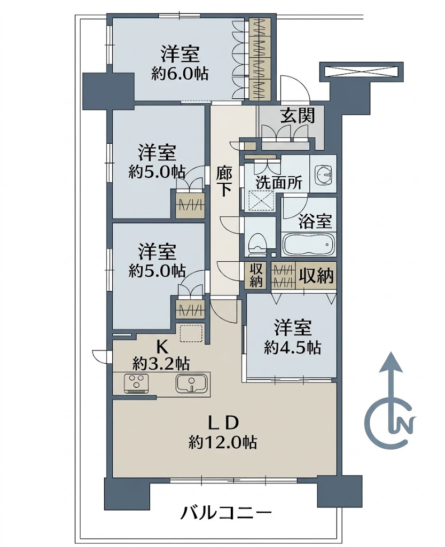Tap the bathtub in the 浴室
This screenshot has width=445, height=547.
pos(308,244)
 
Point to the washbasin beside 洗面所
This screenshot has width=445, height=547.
pos(323,174)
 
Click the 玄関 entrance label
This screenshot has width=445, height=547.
pos(298,116)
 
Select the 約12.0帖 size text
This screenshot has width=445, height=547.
pos(223,443)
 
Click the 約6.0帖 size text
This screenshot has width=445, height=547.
pos(180,74)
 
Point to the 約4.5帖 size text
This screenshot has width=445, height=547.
pos(293,347)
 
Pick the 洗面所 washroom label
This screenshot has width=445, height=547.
pos(279,183)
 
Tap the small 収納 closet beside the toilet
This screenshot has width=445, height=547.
pos(256,275)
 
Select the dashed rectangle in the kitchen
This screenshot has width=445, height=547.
pos(191,333)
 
